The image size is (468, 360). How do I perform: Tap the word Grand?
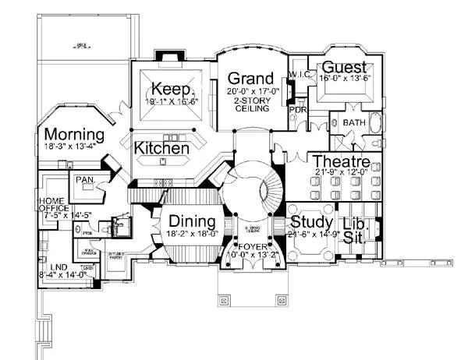pos(250,79)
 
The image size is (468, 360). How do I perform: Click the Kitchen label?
pos(161,147)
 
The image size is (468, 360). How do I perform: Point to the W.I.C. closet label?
pos(301,75)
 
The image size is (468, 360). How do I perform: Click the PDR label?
pos(297,110)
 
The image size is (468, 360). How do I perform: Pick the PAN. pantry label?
pos(84,179)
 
